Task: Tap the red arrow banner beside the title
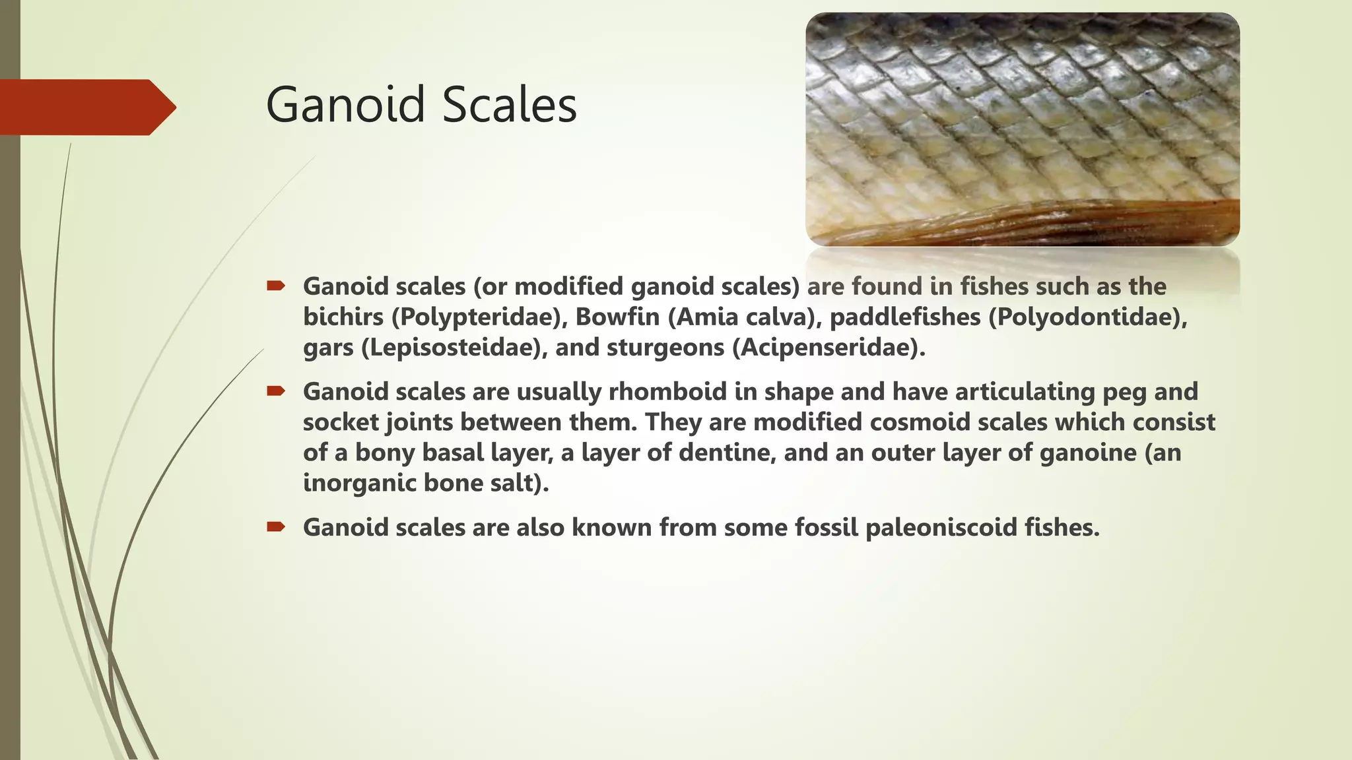(x=86, y=107)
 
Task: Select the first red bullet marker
(x=275, y=286)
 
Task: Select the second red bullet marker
(x=275, y=391)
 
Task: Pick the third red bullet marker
(x=275, y=526)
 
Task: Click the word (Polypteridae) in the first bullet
(x=480, y=317)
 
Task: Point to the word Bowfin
(x=617, y=317)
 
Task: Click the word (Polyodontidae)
(x=1088, y=317)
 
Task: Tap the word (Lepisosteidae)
(x=455, y=348)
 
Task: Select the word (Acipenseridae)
(x=828, y=348)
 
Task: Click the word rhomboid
(x=667, y=392)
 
